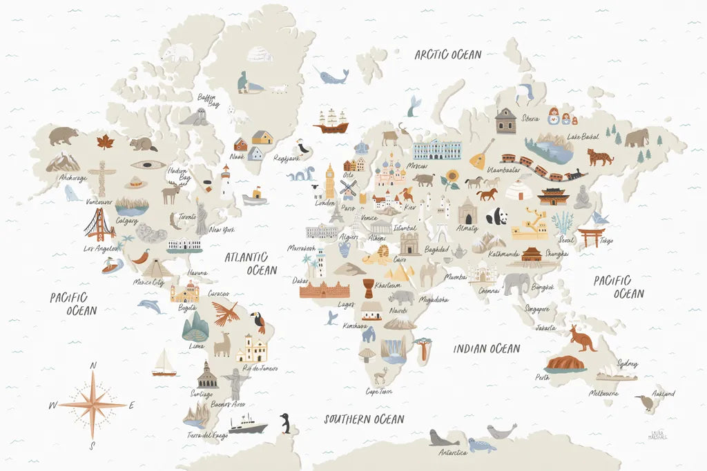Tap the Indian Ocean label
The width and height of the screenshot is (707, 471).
coord(486,349)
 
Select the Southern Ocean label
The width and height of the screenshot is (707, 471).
coord(364,419)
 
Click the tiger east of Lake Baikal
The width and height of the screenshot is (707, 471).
coord(599,157)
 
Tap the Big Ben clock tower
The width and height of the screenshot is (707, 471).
coord(330,181)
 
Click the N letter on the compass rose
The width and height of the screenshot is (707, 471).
coord(94,365)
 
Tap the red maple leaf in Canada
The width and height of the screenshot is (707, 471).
coord(104,142)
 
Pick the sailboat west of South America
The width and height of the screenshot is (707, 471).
coord(164,363)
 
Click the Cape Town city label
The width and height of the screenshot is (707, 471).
coord(379,391)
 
